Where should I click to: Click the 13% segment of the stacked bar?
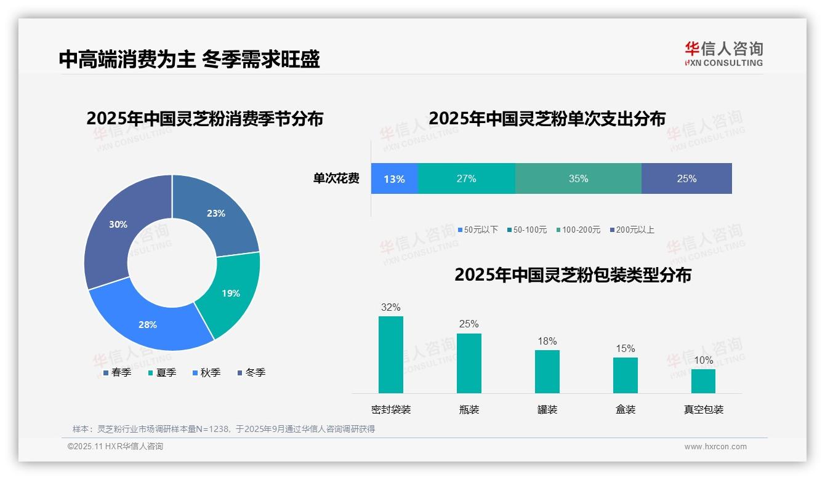(394, 178)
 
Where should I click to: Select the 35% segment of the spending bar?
(578, 178)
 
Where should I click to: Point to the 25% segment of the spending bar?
(686, 178)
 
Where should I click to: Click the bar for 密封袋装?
(391, 354)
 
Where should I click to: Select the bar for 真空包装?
(703, 381)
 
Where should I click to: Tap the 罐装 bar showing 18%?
(547, 372)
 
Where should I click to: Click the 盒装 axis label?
(625, 409)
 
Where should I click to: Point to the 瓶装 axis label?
(469, 409)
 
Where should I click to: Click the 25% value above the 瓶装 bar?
(469, 324)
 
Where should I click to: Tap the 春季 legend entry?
(117, 372)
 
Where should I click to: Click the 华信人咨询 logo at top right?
(723, 54)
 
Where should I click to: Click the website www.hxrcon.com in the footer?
(715, 447)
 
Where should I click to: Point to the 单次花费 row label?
(336, 178)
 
